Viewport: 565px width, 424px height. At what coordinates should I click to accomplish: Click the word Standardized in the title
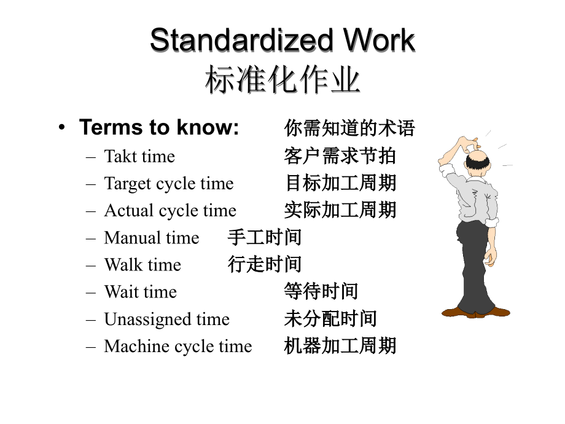click(x=241, y=40)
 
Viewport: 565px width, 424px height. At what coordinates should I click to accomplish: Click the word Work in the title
click(x=379, y=40)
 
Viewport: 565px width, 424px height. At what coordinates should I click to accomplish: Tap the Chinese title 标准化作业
click(x=282, y=80)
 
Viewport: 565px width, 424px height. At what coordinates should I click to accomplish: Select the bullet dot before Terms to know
click(x=62, y=127)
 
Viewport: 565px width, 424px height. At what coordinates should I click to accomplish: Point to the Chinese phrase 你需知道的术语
click(x=349, y=128)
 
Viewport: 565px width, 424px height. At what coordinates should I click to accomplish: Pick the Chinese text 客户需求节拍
click(x=340, y=156)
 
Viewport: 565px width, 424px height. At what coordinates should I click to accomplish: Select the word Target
click(x=128, y=184)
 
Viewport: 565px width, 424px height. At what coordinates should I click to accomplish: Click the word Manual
click(x=132, y=238)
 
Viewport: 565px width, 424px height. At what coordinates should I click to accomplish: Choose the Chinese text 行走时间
click(x=265, y=264)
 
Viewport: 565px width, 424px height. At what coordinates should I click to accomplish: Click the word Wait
click(x=120, y=292)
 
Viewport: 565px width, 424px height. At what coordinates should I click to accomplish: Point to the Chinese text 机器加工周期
click(x=340, y=345)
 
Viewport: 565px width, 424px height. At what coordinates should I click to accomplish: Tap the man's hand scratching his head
click(x=469, y=144)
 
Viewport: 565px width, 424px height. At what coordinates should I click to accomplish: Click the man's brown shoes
click(x=475, y=312)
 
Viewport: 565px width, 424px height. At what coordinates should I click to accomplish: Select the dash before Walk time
click(x=91, y=265)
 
